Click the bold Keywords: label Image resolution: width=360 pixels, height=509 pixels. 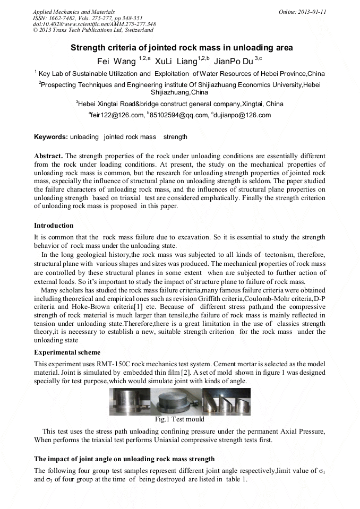tap(51, 137)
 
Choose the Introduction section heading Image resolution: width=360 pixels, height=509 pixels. tap(54, 226)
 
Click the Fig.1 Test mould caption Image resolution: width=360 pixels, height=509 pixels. tap(179, 419)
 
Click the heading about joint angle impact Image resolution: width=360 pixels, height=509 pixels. tap(124, 458)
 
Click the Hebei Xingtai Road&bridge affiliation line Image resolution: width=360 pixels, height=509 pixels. tap(179, 103)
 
